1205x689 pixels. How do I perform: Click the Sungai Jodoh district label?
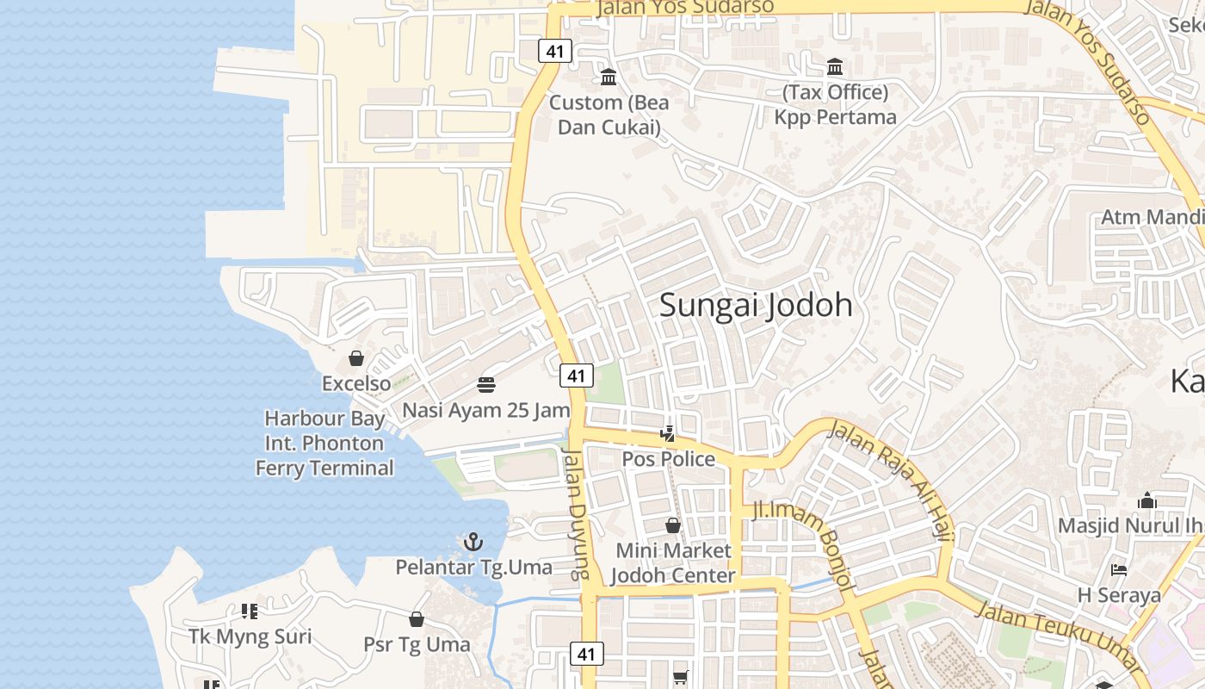pyautogui.click(x=756, y=305)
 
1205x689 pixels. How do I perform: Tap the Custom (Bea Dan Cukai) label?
pyautogui.click(x=609, y=115)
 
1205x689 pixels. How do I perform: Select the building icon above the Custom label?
pyautogui.click(x=609, y=78)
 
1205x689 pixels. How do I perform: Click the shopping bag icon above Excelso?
pyautogui.click(x=356, y=358)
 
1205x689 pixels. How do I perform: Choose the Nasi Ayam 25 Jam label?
pyautogui.click(x=486, y=410)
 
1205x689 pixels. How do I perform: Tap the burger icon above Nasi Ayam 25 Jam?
pyautogui.click(x=486, y=384)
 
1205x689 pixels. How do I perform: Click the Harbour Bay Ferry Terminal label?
pyautogui.click(x=324, y=444)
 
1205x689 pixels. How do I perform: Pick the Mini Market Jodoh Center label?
pyautogui.click(x=673, y=563)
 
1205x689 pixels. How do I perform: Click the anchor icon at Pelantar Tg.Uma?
pyautogui.click(x=473, y=542)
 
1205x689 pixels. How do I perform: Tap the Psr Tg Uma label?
pyautogui.click(x=417, y=644)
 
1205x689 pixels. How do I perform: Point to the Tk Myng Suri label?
pyautogui.click(x=250, y=637)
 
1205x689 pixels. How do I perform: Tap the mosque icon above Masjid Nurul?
pyautogui.click(x=1146, y=500)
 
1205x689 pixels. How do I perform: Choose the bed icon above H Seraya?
pyautogui.click(x=1118, y=570)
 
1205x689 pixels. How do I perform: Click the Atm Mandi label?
pyautogui.click(x=1152, y=216)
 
